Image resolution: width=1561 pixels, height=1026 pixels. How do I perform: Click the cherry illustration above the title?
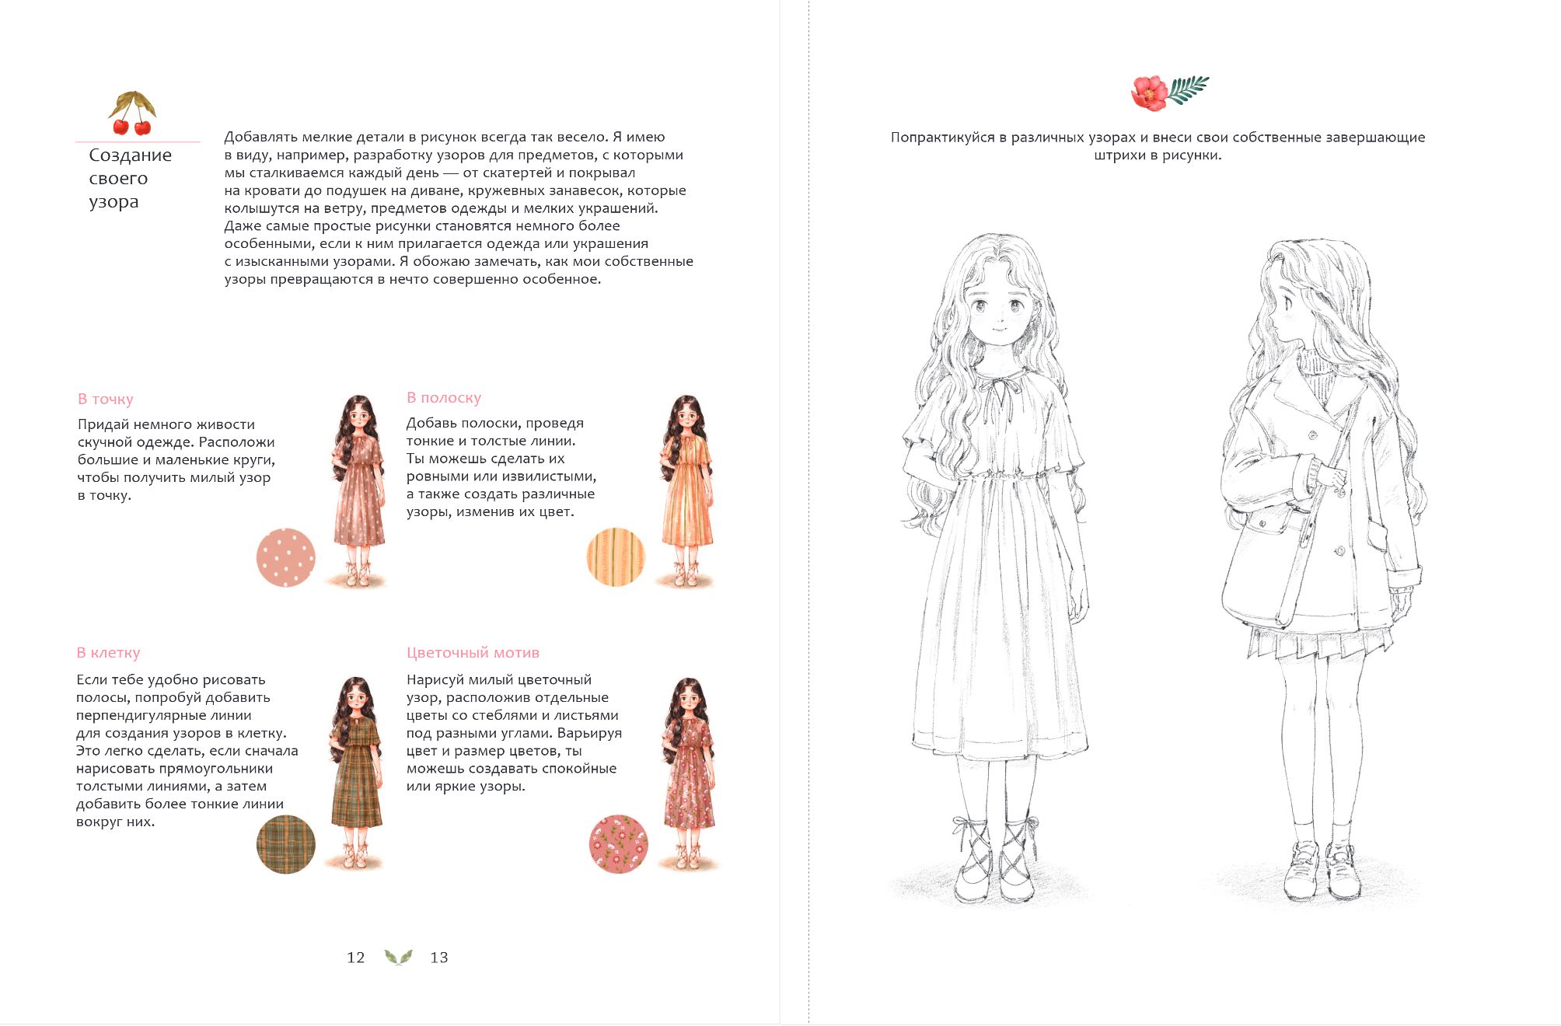pyautogui.click(x=132, y=113)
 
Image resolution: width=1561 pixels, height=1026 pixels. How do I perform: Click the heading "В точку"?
pyautogui.click(x=105, y=399)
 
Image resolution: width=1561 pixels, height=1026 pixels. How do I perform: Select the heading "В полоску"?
pyautogui.click(x=444, y=397)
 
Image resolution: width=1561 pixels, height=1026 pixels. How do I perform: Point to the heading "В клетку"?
pyautogui.click(x=108, y=652)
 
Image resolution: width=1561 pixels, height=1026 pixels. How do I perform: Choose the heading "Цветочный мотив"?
pyautogui.click(x=473, y=652)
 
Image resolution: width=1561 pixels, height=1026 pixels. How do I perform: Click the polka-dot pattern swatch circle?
pyautogui.click(x=286, y=557)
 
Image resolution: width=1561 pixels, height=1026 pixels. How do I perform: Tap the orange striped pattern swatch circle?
pyautogui.click(x=616, y=557)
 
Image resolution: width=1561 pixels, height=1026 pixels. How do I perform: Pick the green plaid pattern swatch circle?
pyautogui.click(x=286, y=844)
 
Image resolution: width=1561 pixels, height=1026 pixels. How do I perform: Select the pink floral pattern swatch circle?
pyautogui.click(x=619, y=844)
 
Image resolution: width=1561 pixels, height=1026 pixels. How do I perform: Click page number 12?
pyautogui.click(x=355, y=958)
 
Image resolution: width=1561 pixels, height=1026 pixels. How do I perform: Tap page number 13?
pyautogui.click(x=439, y=958)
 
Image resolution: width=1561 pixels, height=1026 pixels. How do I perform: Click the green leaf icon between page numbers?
pyautogui.click(x=398, y=957)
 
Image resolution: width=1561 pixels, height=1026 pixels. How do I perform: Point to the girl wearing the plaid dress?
pyautogui.click(x=357, y=773)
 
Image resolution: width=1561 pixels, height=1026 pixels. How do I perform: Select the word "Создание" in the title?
pyautogui.click(x=131, y=155)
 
